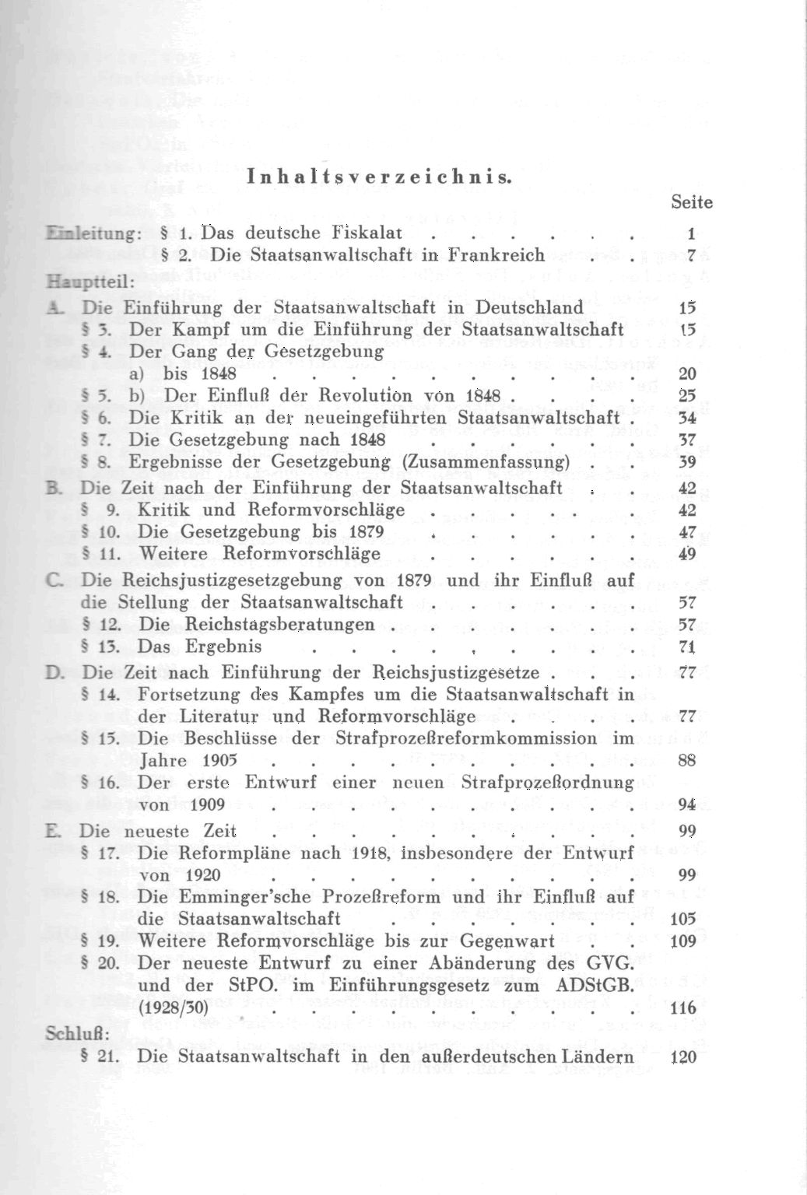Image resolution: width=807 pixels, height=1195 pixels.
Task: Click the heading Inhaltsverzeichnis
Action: coord(379,177)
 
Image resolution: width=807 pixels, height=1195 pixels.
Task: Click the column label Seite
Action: coord(691,202)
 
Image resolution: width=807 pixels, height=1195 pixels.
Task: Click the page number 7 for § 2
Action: coord(690,254)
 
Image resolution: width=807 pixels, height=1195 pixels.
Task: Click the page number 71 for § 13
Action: coord(686,647)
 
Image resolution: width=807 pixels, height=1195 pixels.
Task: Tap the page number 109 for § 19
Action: coord(682,941)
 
